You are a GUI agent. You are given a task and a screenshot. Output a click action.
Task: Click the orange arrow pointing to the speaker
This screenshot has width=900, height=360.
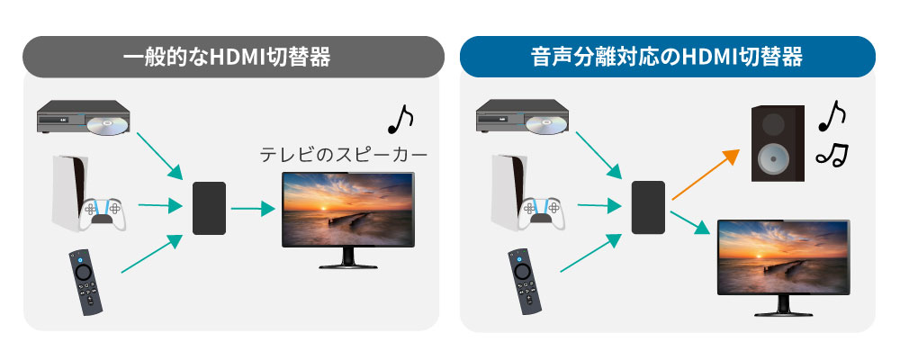tap(706, 174)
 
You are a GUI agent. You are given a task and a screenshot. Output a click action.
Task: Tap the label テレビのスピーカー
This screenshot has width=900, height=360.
tap(344, 155)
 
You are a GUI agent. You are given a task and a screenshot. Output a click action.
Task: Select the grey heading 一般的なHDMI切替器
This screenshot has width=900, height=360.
tap(227, 58)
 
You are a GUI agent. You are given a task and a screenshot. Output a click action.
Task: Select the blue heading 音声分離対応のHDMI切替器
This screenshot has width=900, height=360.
tap(667, 58)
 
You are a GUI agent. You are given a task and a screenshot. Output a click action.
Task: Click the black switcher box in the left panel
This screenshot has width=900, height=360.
tap(209, 208)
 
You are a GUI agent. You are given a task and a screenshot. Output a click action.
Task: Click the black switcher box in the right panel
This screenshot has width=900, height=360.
tap(648, 207)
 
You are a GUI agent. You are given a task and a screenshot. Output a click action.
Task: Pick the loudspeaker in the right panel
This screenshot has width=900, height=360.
tap(778, 143)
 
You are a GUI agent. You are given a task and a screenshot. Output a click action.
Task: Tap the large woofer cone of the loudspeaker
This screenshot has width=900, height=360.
tap(772, 159)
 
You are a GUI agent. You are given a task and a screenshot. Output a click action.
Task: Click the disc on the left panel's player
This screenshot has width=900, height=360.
tap(109, 123)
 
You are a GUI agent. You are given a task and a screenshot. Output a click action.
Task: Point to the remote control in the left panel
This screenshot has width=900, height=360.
tap(85, 282)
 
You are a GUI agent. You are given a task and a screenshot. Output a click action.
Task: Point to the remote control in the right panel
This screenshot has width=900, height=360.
tap(524, 282)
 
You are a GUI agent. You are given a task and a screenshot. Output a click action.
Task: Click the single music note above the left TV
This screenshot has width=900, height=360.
tap(400, 119)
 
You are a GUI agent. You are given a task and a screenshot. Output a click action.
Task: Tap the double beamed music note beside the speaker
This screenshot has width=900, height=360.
tap(832, 155)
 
